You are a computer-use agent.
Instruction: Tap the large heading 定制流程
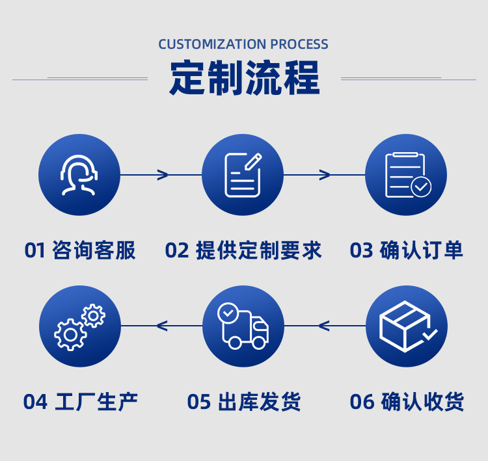245,79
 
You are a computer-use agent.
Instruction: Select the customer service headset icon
79,174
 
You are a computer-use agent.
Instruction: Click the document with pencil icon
243,174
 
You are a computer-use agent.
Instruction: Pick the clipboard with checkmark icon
406,174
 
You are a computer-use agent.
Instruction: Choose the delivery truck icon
243,326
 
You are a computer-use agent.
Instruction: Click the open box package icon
406,326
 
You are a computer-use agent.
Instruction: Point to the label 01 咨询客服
79,250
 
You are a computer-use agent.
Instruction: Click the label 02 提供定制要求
243,250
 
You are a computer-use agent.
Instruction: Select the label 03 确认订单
406,250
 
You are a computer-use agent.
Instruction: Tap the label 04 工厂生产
79,401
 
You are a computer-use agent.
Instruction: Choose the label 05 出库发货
243,401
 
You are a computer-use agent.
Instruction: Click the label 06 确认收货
406,401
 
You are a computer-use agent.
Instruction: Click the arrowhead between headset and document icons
163,174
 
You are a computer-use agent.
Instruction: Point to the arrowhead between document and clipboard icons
325,174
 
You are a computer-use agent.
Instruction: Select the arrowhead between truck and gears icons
162,326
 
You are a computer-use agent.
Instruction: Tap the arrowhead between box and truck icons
324,326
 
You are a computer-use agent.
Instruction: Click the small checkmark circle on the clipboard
421,187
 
